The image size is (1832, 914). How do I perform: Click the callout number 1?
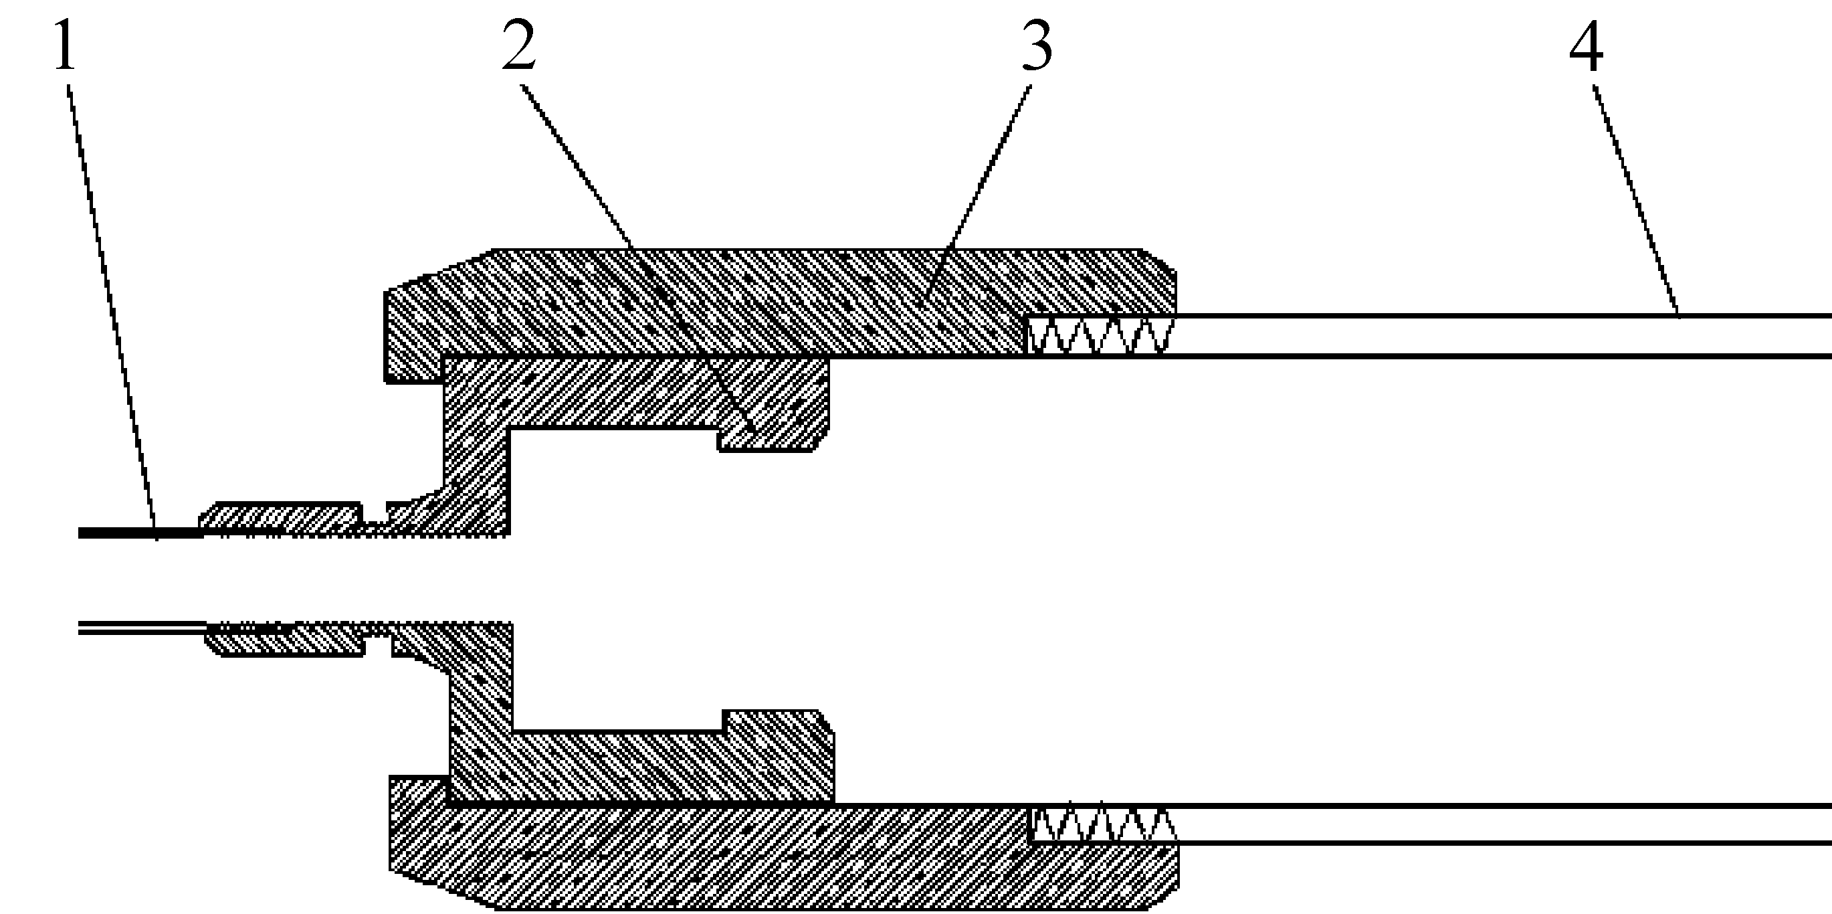tap(65, 47)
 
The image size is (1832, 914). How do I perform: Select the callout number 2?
tap(518, 47)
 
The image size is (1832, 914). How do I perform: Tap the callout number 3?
tap(1037, 47)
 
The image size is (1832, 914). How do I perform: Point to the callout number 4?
tap(1586, 47)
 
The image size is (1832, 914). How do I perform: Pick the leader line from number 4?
tap(1636, 206)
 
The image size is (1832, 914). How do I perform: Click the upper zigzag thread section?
tap(1099, 336)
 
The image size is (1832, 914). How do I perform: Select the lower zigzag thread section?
tap(1102, 824)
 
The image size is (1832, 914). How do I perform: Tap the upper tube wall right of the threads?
tap(1494, 335)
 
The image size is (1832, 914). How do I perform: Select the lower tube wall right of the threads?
tap(1494, 824)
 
